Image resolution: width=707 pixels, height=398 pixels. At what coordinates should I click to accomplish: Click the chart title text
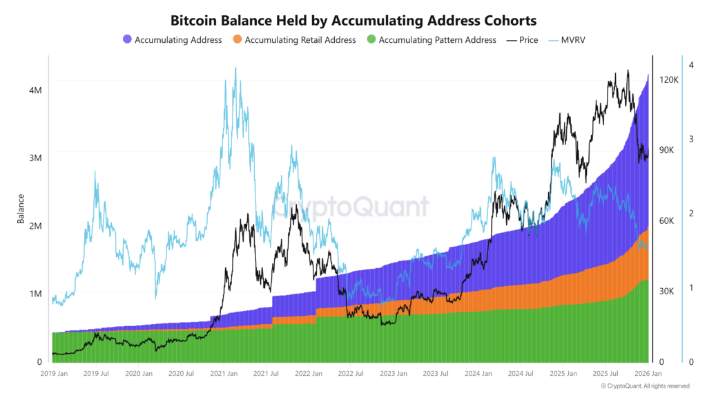click(353, 21)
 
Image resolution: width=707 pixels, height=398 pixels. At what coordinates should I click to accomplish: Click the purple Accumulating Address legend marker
click(127, 40)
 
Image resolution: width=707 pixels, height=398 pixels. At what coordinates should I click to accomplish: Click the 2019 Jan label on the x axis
click(54, 374)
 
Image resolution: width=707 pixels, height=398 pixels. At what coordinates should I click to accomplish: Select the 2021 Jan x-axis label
click(224, 374)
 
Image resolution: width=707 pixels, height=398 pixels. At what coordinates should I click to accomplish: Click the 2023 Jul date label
click(436, 374)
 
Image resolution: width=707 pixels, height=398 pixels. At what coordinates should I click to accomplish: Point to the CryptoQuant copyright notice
click(645, 386)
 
